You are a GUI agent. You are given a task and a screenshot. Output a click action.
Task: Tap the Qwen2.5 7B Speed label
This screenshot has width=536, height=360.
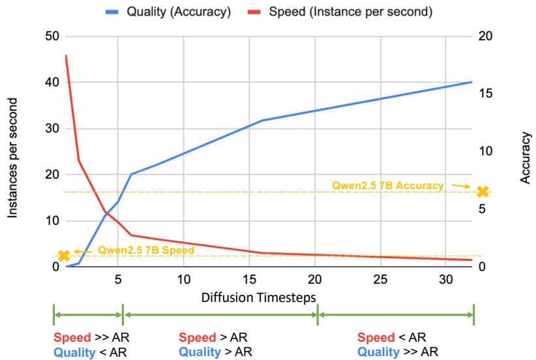coord(146,249)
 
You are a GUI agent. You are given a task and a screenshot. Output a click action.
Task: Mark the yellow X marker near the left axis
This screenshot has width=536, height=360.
coord(63,256)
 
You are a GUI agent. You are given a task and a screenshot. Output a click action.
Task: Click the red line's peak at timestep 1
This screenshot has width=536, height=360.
coord(66,55)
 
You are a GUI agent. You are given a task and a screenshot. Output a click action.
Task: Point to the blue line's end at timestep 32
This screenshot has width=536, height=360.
coord(472,82)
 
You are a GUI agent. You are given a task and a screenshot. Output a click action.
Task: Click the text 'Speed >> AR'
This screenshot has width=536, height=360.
coord(85,337)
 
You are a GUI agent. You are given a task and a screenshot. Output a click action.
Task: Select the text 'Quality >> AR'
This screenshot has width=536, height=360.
coord(397,351)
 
